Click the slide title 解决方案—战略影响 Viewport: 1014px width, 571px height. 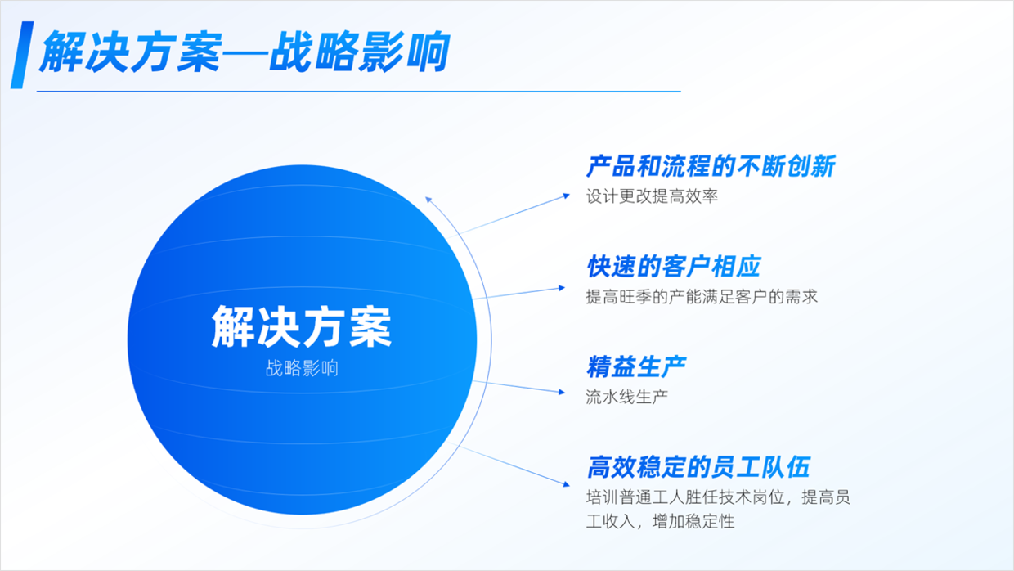tap(245, 52)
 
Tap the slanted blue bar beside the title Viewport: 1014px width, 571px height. tap(22, 55)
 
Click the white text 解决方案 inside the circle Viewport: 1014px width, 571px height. tap(302, 327)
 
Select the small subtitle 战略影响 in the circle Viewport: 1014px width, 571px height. tap(302, 369)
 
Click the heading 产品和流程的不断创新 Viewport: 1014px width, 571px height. tap(711, 166)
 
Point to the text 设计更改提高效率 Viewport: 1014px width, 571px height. tap(653, 196)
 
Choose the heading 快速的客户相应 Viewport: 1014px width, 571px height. tap(674, 266)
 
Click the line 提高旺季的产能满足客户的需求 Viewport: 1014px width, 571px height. tap(702, 297)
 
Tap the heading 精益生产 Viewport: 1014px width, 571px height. tap(636, 366)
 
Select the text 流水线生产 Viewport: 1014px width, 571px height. tap(627, 397)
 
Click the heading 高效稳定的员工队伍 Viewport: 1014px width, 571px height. tap(698, 467)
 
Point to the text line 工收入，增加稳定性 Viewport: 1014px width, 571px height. tap(661, 522)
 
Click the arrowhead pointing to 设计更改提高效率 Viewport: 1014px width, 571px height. tap(567, 196)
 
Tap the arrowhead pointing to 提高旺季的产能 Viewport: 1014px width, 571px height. tap(562, 288)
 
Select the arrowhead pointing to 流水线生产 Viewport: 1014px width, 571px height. tap(562, 392)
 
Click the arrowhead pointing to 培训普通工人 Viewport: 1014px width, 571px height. tap(567, 484)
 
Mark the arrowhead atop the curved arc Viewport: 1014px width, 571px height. tap(428, 200)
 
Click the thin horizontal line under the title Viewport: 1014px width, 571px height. tap(359, 92)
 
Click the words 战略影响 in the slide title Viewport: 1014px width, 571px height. tap(360, 52)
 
